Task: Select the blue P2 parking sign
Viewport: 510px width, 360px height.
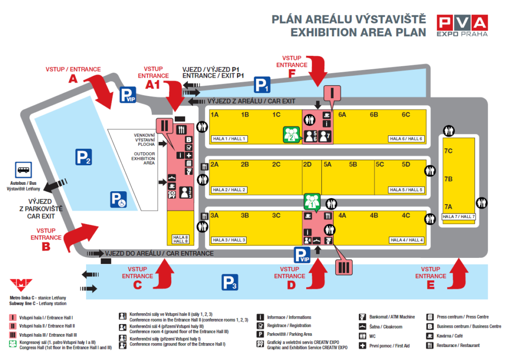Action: click(83, 157)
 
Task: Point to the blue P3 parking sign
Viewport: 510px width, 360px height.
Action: click(229, 283)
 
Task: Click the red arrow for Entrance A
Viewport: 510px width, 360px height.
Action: click(103, 91)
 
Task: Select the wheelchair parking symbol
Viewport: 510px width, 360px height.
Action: click(119, 199)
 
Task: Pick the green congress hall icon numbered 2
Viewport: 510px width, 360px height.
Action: click(292, 134)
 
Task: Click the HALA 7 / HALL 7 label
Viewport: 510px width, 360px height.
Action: click(459, 217)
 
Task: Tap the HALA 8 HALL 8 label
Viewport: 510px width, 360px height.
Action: click(180, 240)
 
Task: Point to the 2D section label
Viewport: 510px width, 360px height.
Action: click(307, 164)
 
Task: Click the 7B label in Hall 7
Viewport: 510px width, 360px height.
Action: click(448, 178)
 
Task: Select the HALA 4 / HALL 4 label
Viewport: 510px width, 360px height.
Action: click(406, 240)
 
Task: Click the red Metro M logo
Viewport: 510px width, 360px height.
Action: click(21, 284)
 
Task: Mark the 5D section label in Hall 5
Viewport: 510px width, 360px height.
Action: click(406, 164)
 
